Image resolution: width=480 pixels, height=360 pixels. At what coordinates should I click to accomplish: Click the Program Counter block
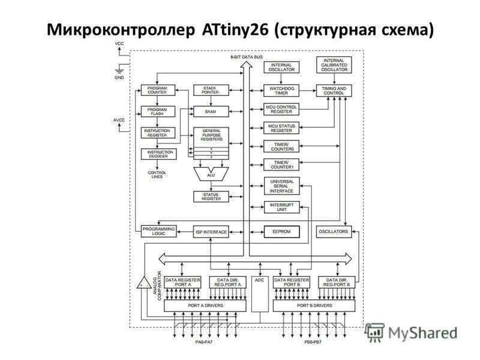(x=157, y=91)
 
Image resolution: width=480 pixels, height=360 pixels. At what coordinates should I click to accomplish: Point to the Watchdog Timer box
(x=281, y=91)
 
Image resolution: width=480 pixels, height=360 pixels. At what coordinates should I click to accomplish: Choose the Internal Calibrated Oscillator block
(x=334, y=65)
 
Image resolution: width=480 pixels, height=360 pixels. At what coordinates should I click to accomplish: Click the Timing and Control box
(x=334, y=91)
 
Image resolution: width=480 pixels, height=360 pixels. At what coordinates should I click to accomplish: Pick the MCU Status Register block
(x=281, y=128)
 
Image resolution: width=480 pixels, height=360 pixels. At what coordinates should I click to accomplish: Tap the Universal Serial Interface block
(x=281, y=185)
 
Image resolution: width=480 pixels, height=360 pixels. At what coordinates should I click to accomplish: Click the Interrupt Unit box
(x=281, y=206)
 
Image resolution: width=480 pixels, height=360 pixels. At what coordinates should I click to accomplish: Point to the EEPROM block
(x=281, y=232)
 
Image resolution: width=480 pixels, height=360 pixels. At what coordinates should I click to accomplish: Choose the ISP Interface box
(x=211, y=232)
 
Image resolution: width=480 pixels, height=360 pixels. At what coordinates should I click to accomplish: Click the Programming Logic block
(x=158, y=232)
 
